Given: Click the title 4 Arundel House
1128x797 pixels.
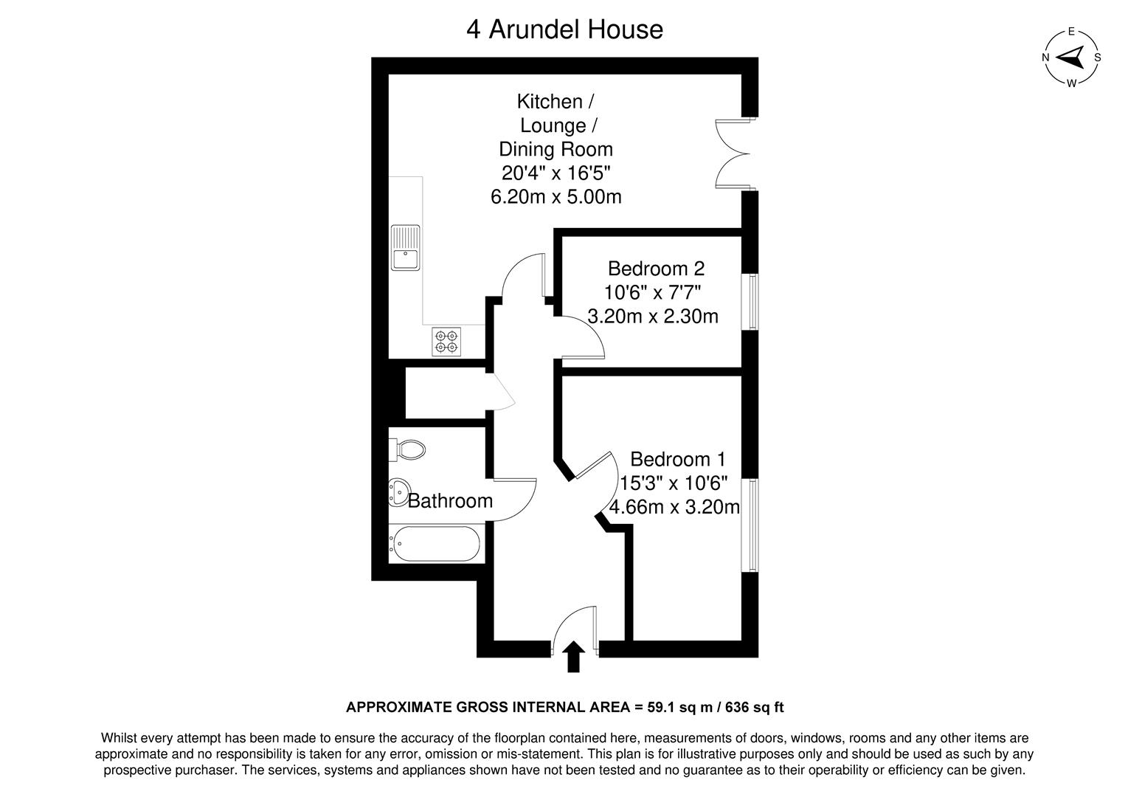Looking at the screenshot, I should pos(564,30).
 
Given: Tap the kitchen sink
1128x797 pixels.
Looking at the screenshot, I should pos(405,248).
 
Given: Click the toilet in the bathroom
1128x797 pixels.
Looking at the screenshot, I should pos(410,449).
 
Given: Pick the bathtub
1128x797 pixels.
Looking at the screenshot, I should pos(435,545).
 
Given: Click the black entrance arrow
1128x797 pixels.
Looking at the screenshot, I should pos(573,656).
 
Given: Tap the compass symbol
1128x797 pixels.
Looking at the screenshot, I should pos(1071,58).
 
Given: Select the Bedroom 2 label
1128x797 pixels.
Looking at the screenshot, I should pos(656,268).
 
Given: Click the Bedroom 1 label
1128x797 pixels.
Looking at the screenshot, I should pos(677,460).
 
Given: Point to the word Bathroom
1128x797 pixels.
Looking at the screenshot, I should pos(450,501).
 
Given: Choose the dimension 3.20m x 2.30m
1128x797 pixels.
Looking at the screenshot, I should pos(653,317).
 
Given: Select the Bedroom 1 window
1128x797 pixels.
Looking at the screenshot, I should pos(751,525).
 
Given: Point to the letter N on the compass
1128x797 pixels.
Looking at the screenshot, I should pos(1045,58).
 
